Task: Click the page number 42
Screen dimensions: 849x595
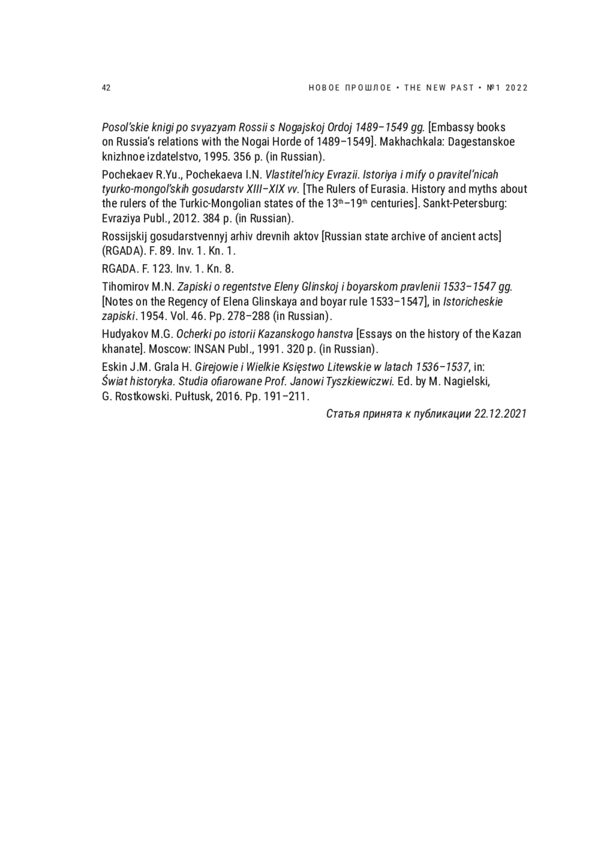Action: [x=106, y=88]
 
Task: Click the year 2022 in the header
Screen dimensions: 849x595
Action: [x=517, y=88]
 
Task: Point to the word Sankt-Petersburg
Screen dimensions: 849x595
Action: [x=465, y=204]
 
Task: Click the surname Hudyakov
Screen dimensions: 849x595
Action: [x=126, y=334]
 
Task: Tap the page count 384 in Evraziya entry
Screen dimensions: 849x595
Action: [x=211, y=218]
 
